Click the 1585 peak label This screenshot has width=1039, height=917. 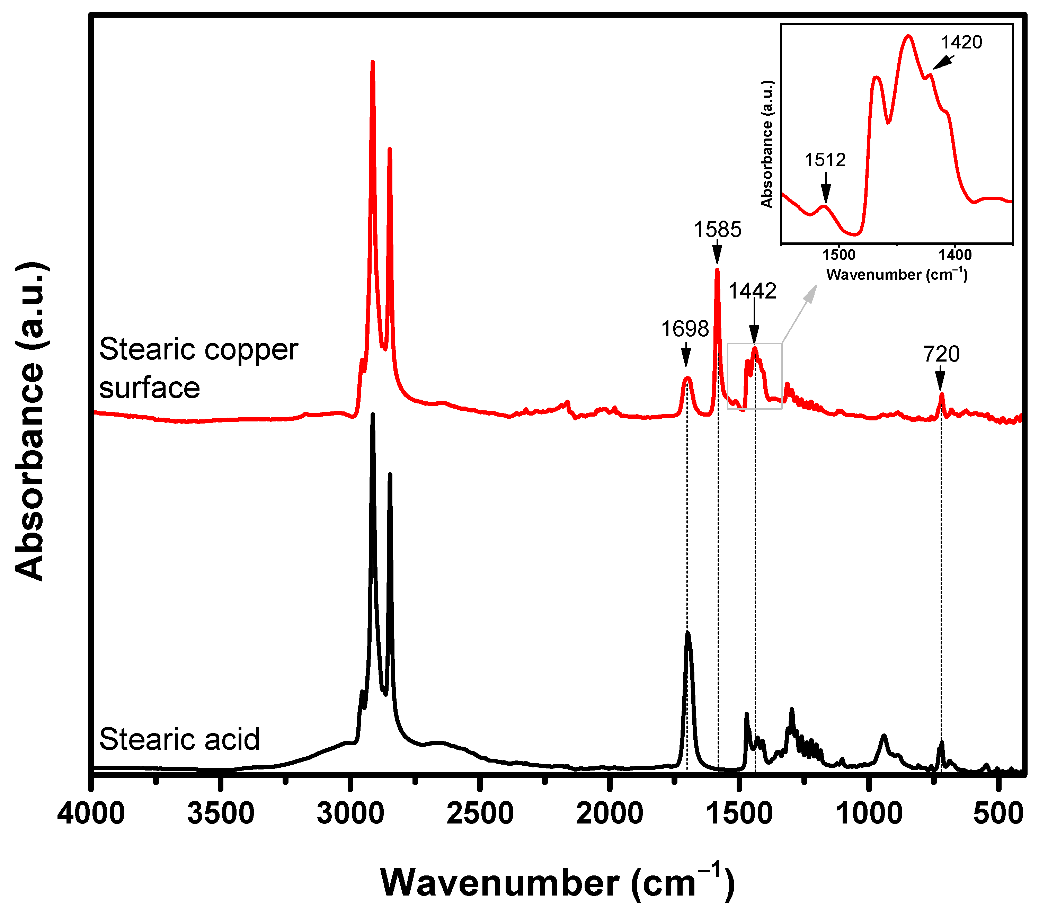click(x=717, y=230)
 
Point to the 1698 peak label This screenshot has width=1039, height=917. click(x=684, y=329)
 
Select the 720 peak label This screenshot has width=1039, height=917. click(x=941, y=354)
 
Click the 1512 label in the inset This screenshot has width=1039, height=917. click(x=825, y=160)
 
